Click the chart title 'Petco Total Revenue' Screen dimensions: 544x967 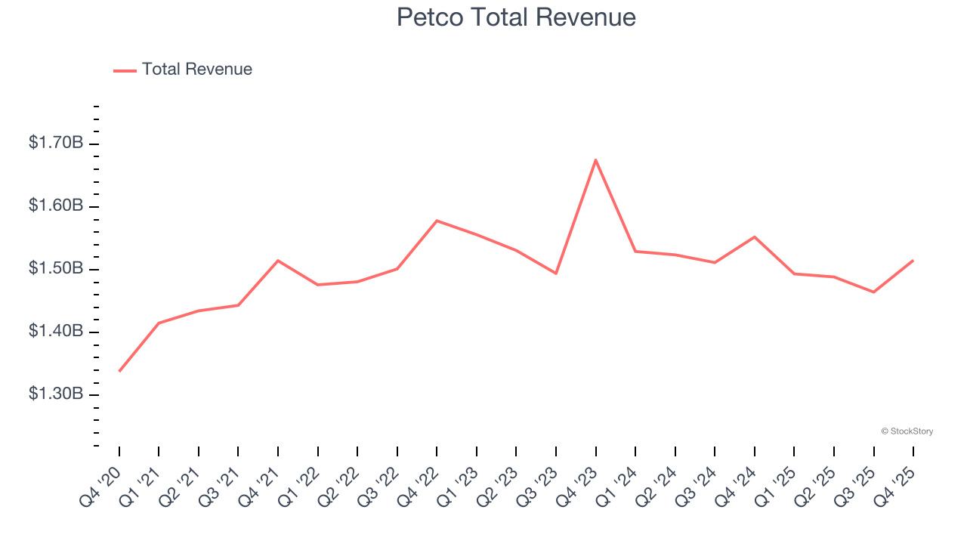(x=516, y=17)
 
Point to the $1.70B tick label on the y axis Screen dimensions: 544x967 (x=56, y=143)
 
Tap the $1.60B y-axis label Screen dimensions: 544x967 (x=56, y=206)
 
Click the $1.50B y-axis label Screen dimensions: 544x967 (x=56, y=269)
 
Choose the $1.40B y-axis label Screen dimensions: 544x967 (x=56, y=332)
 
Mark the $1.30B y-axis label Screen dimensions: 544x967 (x=56, y=394)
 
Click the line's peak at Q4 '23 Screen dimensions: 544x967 (x=595, y=159)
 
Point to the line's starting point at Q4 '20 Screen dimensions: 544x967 (x=119, y=371)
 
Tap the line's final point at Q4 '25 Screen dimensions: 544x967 (x=913, y=261)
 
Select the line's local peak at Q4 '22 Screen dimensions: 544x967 (x=437, y=221)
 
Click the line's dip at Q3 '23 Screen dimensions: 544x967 (x=556, y=273)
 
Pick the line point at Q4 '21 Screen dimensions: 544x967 (x=278, y=261)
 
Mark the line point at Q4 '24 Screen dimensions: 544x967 (x=755, y=237)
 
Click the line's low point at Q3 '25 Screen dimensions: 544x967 (x=873, y=292)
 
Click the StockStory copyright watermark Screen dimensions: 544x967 (x=907, y=431)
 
